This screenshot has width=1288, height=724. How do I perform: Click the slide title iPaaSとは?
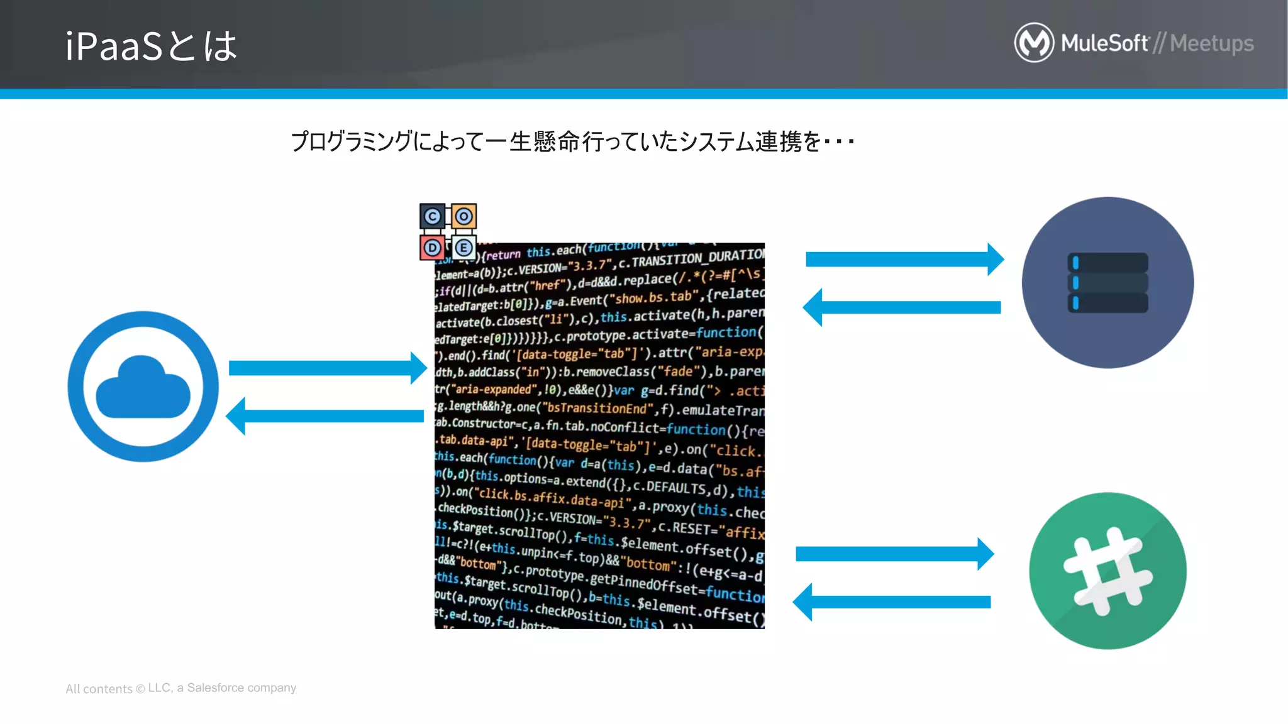[151, 46]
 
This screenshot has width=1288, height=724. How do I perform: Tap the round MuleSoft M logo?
[1034, 43]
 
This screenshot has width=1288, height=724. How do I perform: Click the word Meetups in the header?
[1212, 43]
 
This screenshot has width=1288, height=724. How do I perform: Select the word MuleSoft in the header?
[1104, 43]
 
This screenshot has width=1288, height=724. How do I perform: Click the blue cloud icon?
[143, 387]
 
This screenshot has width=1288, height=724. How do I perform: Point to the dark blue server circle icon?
[1108, 283]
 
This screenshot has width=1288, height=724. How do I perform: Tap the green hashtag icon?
[1108, 571]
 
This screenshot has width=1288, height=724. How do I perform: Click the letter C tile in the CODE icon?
[432, 217]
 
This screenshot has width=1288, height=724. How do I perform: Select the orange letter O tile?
[464, 217]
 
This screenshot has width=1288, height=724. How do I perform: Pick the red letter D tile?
[432, 248]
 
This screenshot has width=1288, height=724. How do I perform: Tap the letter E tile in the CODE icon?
[464, 248]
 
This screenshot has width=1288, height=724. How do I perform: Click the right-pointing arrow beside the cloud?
[327, 368]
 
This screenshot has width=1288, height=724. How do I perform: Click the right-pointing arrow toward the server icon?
[904, 259]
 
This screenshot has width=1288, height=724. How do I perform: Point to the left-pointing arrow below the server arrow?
[902, 307]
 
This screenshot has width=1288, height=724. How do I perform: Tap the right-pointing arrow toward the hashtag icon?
[894, 554]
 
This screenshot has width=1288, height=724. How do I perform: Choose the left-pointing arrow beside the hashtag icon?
[892, 602]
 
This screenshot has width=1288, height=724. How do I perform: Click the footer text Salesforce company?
[241, 688]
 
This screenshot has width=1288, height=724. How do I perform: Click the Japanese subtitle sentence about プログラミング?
[572, 141]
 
